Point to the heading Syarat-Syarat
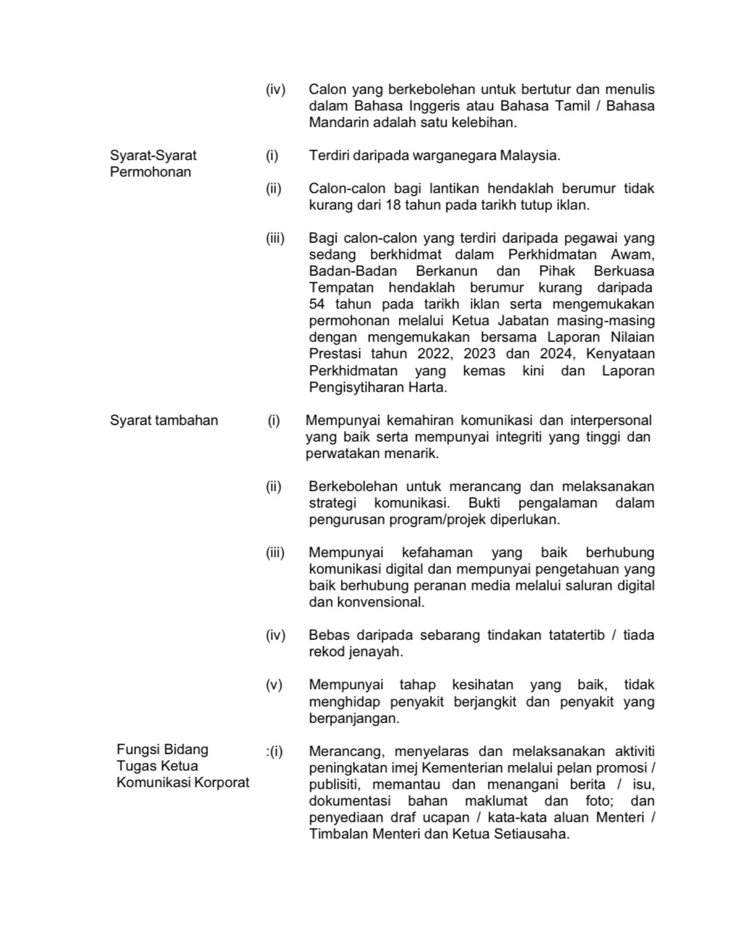coord(153,155)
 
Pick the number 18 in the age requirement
coord(393,205)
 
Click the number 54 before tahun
coord(317,304)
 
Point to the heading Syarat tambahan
coord(164,420)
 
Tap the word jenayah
coord(375,652)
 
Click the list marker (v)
coord(274,685)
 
